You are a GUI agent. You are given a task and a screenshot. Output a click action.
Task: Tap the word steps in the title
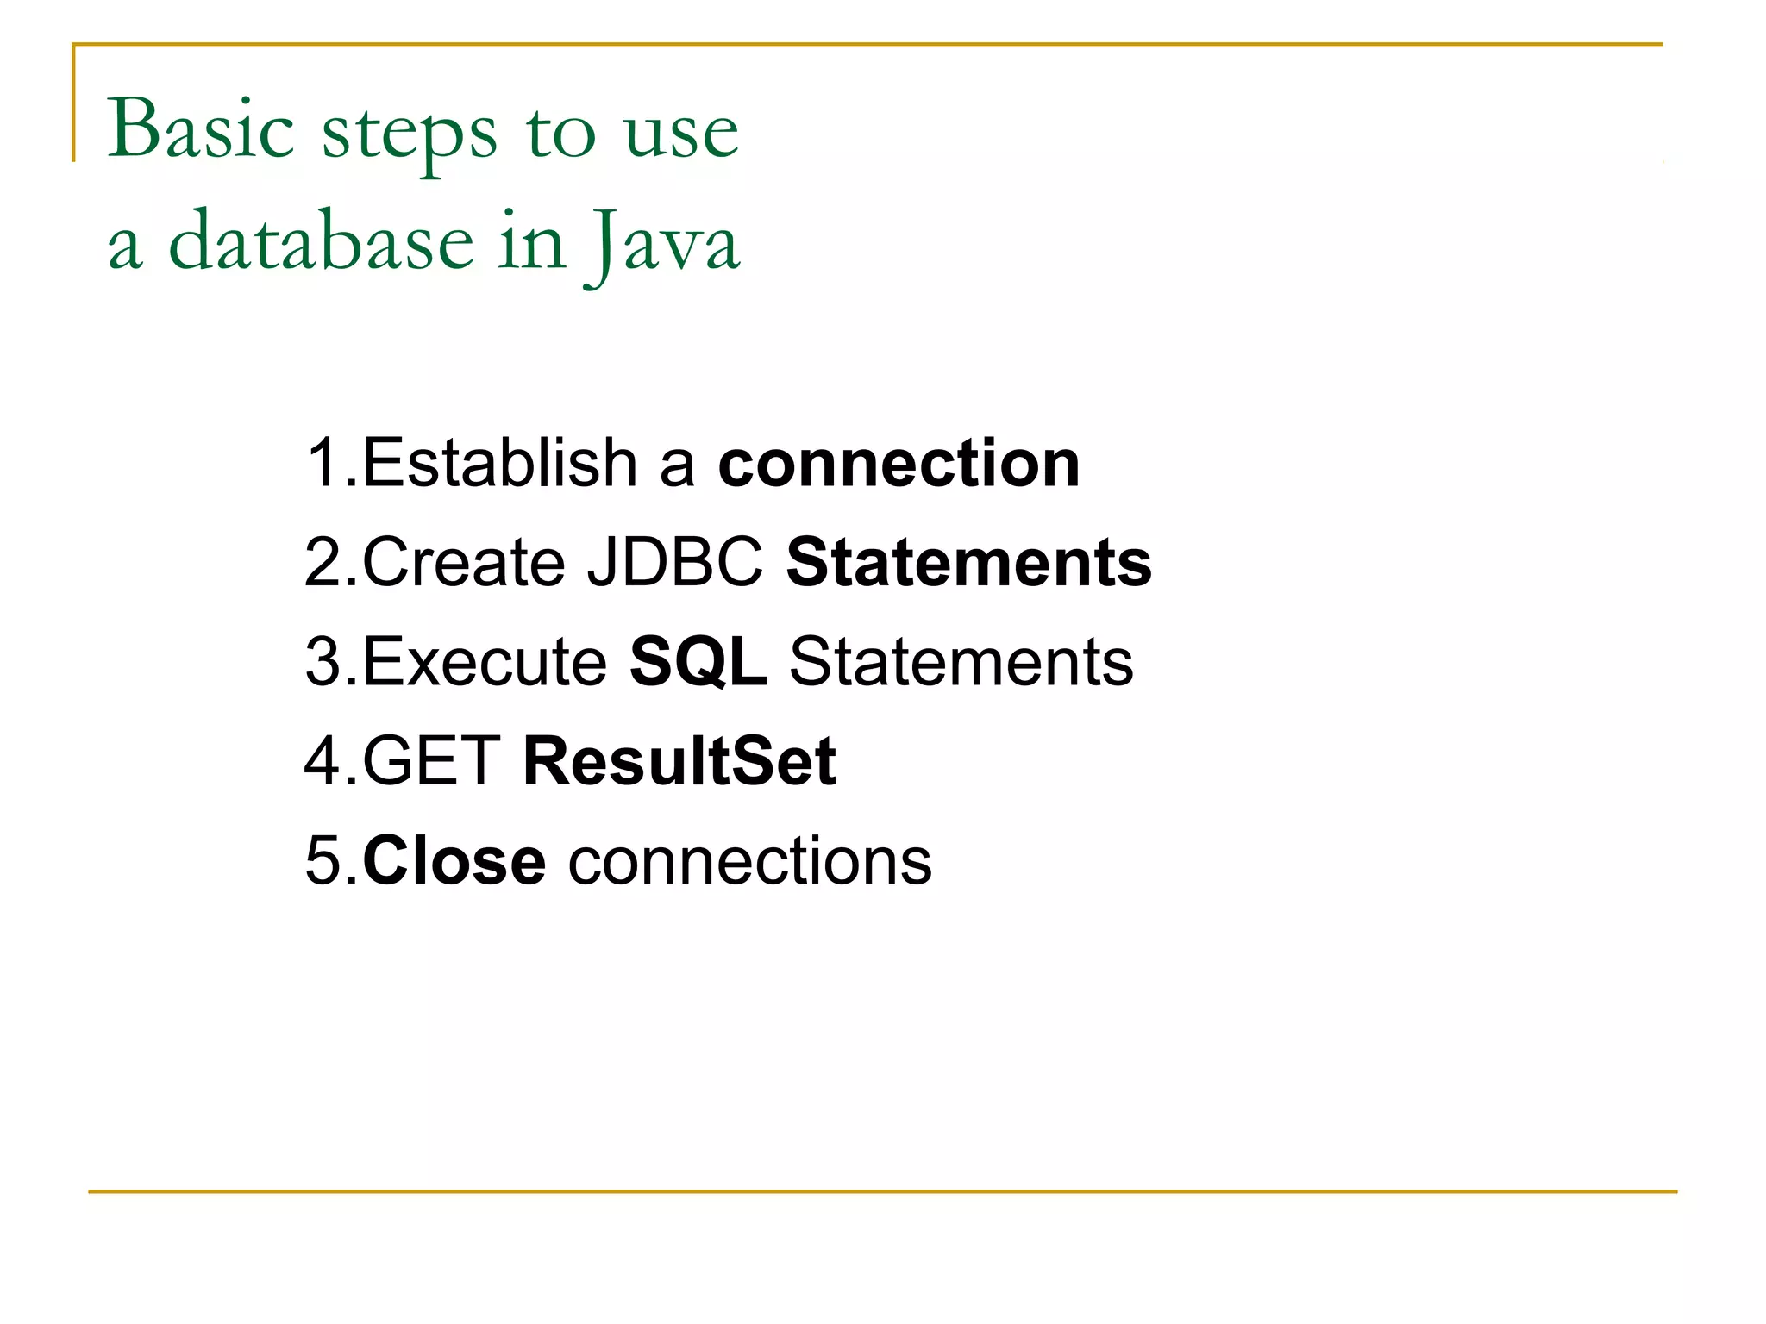(x=410, y=134)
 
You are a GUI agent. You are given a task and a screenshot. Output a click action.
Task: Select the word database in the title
(x=321, y=242)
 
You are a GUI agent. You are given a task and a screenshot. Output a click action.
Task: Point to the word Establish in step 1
(x=500, y=463)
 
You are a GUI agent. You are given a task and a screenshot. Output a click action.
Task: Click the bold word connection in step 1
(x=899, y=463)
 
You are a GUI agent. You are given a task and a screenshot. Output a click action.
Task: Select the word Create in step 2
(x=464, y=562)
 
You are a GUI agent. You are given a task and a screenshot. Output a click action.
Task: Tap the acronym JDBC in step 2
(x=674, y=562)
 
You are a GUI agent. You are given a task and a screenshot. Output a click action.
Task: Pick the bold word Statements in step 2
(x=968, y=562)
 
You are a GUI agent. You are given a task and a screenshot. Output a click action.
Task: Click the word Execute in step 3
(x=485, y=662)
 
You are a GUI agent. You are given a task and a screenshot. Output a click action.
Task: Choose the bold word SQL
(x=698, y=662)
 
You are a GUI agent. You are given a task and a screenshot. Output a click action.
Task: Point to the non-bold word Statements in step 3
(x=961, y=662)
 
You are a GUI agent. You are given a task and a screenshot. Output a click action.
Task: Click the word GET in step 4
(x=431, y=761)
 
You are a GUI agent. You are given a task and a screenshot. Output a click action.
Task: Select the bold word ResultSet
(x=679, y=761)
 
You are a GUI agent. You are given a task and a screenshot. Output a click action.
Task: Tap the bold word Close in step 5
(x=454, y=860)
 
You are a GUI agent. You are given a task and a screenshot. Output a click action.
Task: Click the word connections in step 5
(x=749, y=860)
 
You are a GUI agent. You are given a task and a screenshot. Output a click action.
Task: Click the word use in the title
(x=680, y=134)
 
